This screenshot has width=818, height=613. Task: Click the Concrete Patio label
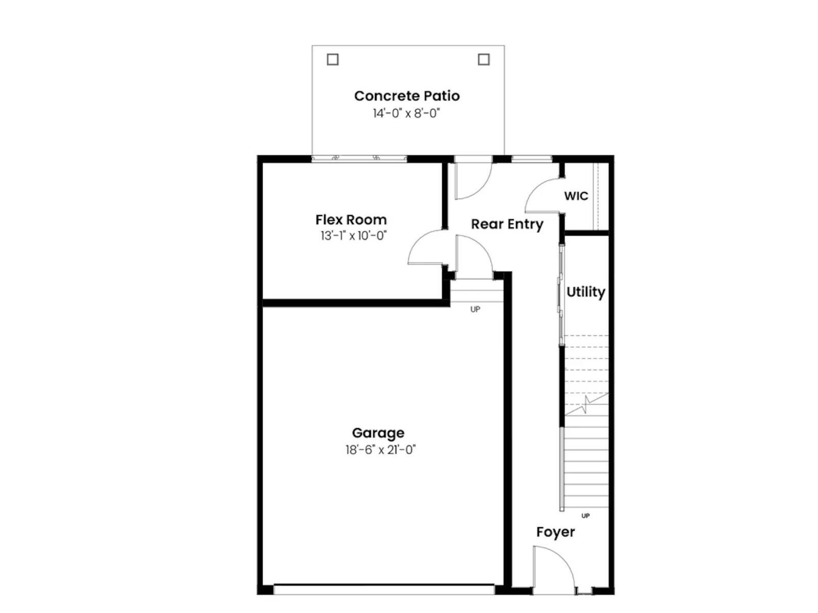406,96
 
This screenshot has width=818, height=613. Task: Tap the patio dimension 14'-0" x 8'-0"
406,113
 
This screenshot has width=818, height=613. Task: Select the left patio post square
332,59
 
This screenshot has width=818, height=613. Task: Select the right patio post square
484,59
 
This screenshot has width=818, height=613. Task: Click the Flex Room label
351,220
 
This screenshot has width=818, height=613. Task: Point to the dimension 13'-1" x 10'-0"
353,236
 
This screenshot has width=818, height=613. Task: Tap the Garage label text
378,433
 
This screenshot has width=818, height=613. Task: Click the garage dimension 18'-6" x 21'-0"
380,450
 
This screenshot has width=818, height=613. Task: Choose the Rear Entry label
507,224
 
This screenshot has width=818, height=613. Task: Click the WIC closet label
576,196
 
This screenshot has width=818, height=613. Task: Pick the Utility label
585,292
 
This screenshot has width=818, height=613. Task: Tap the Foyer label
555,532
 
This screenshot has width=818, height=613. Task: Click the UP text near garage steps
475,310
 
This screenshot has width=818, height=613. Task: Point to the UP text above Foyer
585,516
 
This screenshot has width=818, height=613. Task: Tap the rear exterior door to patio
473,180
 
